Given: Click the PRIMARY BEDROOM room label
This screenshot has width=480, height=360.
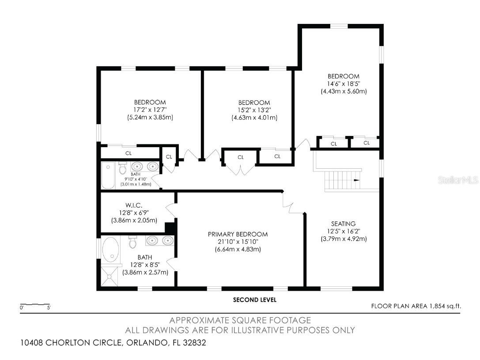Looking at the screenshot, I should point(238,234).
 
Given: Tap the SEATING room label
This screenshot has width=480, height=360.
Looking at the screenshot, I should point(344,224).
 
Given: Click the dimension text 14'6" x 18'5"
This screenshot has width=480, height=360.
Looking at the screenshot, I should point(344,83).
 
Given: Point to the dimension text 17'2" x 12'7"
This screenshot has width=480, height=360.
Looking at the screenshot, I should point(150,110).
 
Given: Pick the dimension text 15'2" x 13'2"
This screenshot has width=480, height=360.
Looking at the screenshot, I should point(254,110).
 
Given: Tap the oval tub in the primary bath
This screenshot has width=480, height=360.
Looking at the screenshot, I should point(110,250).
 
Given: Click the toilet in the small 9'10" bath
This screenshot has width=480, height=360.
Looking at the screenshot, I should point(123,168).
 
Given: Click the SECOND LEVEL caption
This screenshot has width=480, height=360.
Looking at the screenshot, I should point(255,300).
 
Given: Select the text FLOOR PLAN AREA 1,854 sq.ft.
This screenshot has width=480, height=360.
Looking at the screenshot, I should point(419,306).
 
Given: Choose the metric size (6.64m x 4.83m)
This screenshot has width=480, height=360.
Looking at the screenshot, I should point(238,249).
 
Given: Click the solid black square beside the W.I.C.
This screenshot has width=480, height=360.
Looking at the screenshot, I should point(170,228).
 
